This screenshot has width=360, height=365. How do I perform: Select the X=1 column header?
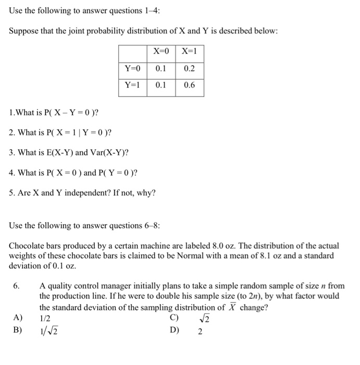coord(190,52)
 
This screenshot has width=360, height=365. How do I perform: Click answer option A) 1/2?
coord(45,318)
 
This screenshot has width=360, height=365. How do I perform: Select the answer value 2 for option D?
coord(200,331)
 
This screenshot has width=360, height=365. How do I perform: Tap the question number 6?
coord(17,286)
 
